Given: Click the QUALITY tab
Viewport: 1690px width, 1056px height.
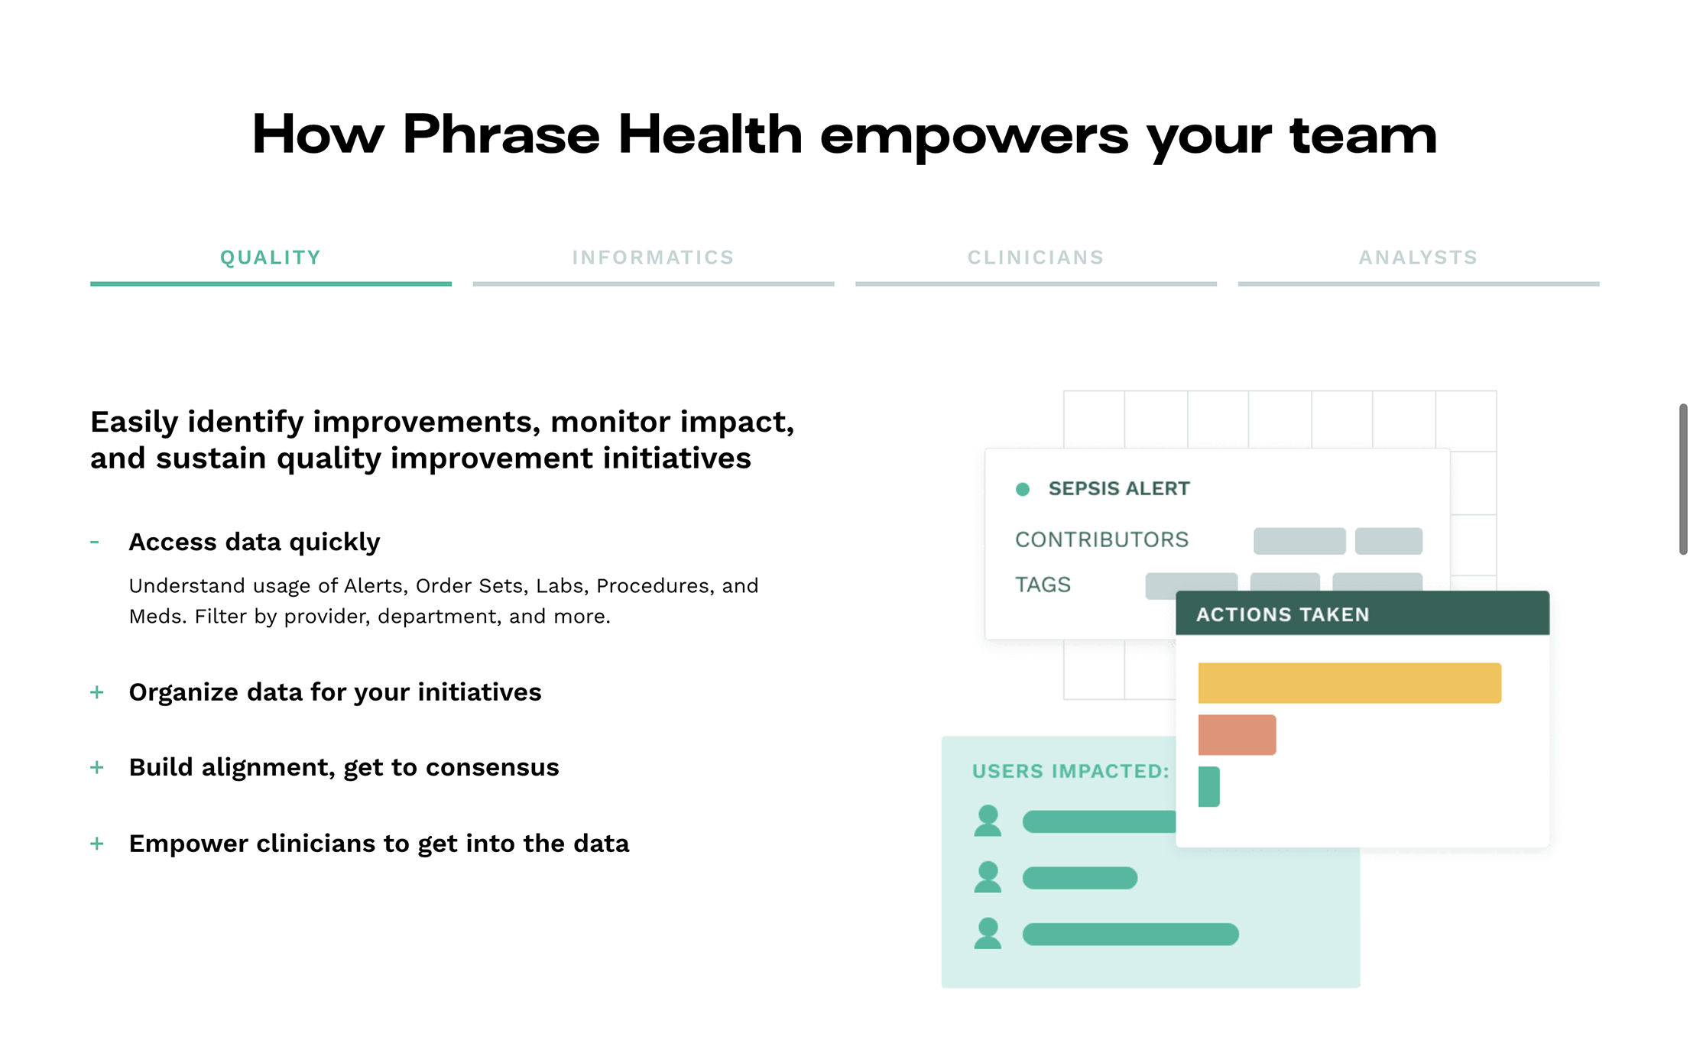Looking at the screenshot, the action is click(271, 258).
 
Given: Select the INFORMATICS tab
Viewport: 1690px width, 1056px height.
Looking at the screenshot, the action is click(654, 258).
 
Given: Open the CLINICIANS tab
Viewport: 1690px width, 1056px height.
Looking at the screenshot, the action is click(1036, 258).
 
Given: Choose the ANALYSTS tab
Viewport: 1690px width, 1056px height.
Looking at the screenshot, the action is click(1419, 258).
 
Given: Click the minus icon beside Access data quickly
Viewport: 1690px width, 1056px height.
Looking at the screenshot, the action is click(95, 543).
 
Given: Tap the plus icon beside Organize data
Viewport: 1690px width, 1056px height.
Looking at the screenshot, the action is click(97, 692).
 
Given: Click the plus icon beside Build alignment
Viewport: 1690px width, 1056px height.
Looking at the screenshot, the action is click(97, 767).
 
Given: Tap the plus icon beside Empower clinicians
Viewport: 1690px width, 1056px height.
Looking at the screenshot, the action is click(97, 844).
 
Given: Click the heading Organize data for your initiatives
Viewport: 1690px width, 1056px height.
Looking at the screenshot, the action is click(335, 692).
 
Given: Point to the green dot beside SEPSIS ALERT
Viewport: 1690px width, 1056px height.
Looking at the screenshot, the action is click(1023, 489).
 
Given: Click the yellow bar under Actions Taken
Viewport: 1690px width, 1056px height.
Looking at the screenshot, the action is click(1350, 683).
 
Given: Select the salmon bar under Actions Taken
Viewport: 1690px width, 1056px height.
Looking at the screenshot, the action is click(1237, 735).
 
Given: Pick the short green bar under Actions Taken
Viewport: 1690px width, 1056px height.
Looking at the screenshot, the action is click(1209, 787).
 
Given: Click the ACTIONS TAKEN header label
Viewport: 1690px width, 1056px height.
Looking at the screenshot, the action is click(1283, 614).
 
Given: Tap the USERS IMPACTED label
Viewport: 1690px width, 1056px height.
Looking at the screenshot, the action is click(1071, 771).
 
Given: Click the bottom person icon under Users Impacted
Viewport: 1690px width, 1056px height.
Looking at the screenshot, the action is click(988, 933).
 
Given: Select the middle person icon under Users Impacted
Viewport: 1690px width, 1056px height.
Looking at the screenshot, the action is click(988, 877).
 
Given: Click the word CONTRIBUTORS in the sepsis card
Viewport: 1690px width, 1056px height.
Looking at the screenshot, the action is click(1102, 539).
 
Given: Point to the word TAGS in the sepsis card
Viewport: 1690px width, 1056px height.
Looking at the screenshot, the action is click(1043, 585).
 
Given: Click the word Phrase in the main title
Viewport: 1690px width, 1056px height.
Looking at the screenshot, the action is click(501, 134).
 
